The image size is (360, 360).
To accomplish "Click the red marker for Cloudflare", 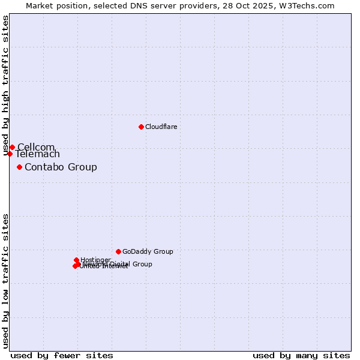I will pyautogui.click(x=141, y=127).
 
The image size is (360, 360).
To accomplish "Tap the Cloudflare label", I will pyautogui.click(x=161, y=127).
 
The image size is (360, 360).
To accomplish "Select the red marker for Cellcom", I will pyautogui.click(x=12, y=147).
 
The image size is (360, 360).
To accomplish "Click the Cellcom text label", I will pyautogui.click(x=36, y=147).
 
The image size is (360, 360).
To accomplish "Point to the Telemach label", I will pyautogui.click(x=38, y=154).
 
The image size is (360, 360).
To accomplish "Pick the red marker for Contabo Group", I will pyautogui.click(x=20, y=167).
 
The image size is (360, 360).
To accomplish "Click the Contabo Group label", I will pyautogui.click(x=61, y=167).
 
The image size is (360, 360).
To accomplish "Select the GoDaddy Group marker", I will pyautogui.click(x=118, y=251).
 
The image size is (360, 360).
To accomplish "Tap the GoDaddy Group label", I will pyautogui.click(x=148, y=251).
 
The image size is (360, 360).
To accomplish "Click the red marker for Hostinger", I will pyautogui.click(x=76, y=260).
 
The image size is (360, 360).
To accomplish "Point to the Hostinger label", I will pyautogui.click(x=95, y=260).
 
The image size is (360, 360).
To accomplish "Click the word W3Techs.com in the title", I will pyautogui.click(x=310, y=5).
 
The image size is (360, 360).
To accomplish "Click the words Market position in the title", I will pyautogui.click(x=54, y=5).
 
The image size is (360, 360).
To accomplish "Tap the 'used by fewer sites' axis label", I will pyautogui.click(x=62, y=355).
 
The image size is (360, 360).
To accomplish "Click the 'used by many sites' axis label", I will pyautogui.click(x=301, y=355).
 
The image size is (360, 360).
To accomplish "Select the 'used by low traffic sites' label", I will pyautogui.click(x=6, y=281).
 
